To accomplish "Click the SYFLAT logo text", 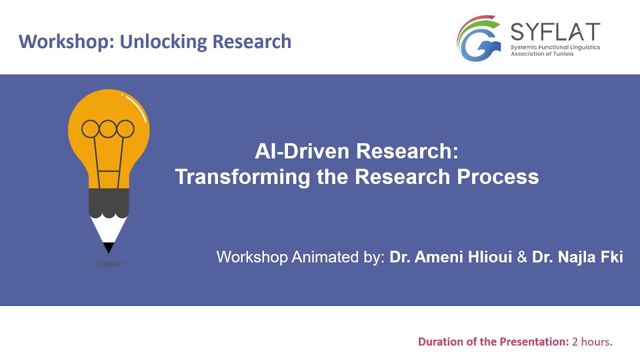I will pos(555,32).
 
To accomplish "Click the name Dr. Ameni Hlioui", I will pos(450,257).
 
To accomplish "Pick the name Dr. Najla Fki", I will pos(577,257).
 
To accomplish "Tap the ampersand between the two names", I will pos(522,257).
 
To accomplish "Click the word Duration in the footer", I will pos(440,342).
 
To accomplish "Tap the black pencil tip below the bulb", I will pos(108,247).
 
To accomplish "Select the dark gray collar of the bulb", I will pos(108,202).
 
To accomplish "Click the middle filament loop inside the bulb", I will pos(108,129).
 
